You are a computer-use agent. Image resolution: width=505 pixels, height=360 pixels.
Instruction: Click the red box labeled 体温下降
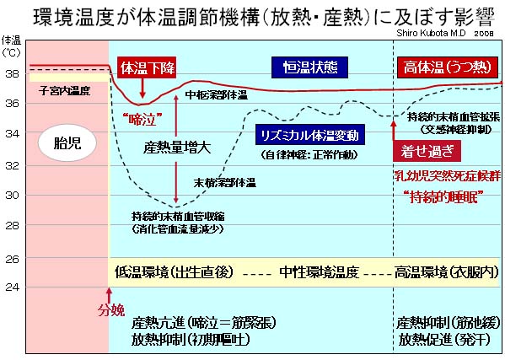coord(147,67)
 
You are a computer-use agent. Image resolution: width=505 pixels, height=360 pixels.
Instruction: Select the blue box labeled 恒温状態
coord(309,67)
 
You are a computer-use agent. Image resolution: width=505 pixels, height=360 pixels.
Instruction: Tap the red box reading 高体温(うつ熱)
coord(448,67)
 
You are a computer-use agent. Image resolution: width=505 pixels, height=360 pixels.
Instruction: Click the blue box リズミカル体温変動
coord(309,135)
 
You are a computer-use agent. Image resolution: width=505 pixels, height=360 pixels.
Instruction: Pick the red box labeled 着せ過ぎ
coord(427,152)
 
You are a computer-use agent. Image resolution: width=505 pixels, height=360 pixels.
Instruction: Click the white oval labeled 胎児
coord(67,143)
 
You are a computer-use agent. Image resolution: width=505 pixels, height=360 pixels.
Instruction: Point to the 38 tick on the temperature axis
coord(13,74)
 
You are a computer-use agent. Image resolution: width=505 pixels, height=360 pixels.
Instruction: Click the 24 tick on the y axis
coord(13,287)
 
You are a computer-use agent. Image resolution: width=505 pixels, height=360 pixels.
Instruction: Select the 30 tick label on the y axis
coord(13,195)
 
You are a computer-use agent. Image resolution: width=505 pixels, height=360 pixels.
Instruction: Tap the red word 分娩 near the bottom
coord(111,310)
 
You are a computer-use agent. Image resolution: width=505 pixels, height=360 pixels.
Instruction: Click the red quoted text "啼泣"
coord(142,120)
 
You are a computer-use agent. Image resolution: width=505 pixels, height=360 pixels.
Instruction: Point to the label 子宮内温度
coord(64,91)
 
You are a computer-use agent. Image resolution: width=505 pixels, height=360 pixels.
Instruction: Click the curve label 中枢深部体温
coord(217,94)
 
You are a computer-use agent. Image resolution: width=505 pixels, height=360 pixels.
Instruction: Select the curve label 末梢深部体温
coord(225,183)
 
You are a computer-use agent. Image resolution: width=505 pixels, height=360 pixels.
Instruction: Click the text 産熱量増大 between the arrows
coord(177,148)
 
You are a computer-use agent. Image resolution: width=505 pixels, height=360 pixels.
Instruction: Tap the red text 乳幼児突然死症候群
coord(448,176)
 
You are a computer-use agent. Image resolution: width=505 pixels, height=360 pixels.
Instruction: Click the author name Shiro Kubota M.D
coord(431,33)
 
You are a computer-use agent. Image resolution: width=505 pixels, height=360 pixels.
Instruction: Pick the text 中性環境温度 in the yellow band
coord(319,272)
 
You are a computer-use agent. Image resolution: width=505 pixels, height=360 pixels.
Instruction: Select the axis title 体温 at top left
coord(11,40)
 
